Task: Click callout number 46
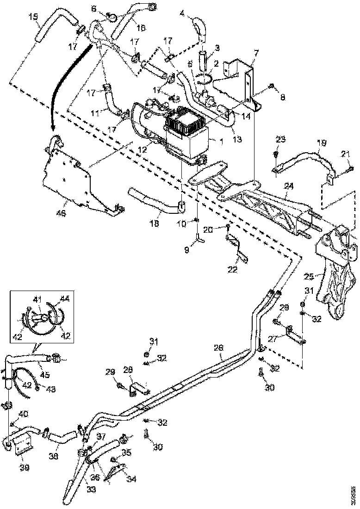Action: [x=61, y=213]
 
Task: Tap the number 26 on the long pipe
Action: [x=218, y=347]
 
